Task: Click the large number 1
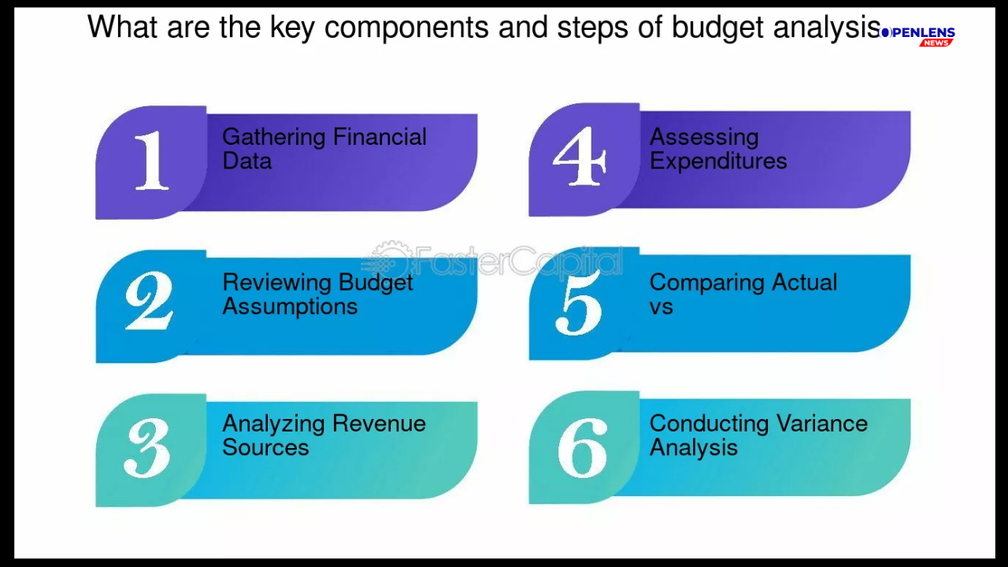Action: pyautogui.click(x=152, y=160)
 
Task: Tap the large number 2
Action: pyautogui.click(x=149, y=301)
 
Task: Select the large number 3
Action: pyautogui.click(x=147, y=448)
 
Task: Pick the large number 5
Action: pyautogui.click(x=579, y=302)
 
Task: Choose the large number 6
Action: pyautogui.click(x=582, y=447)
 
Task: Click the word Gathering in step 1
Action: pyautogui.click(x=273, y=137)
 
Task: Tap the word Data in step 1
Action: pyautogui.click(x=247, y=161)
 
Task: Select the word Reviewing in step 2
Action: pyautogui.click(x=276, y=283)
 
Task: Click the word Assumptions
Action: pyautogui.click(x=290, y=307)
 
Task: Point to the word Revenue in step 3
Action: pyautogui.click(x=379, y=424)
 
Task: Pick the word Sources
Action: pyautogui.click(x=265, y=447)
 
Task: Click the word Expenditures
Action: pyautogui.click(x=718, y=161)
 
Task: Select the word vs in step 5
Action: pyautogui.click(x=661, y=307)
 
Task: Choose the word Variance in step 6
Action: pyautogui.click(x=821, y=424)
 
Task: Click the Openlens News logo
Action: pyautogui.click(x=917, y=36)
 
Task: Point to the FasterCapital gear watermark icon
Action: pyautogui.click(x=387, y=260)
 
